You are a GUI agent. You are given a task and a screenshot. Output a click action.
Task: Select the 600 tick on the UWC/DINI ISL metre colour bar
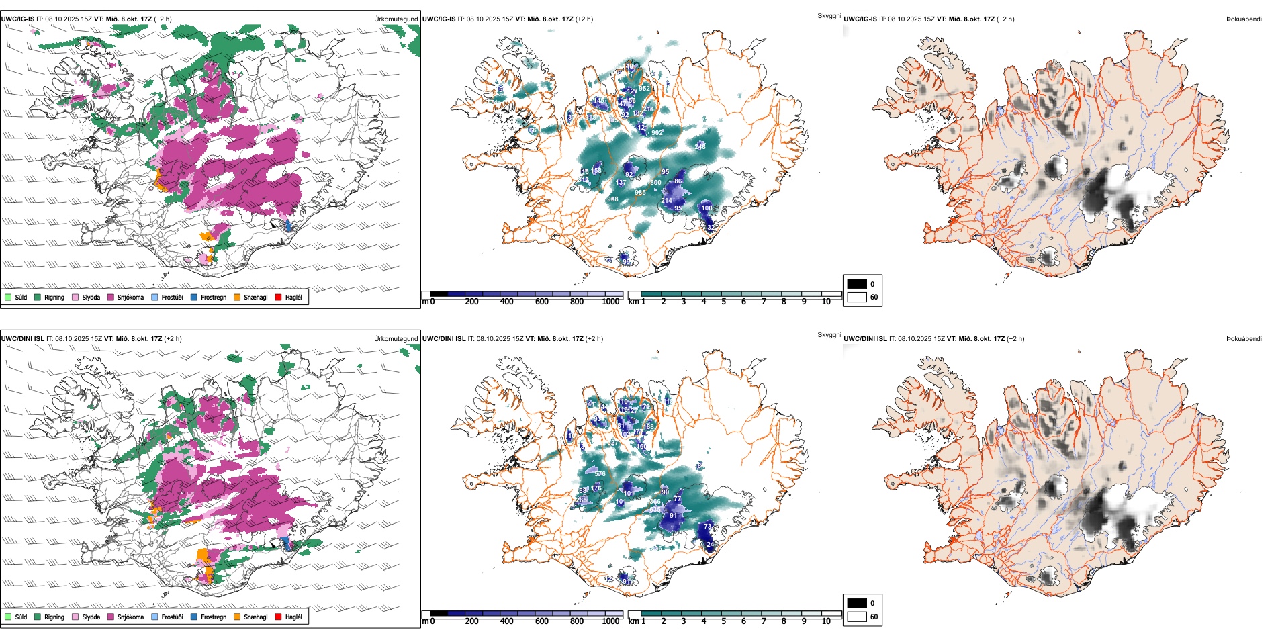click(x=542, y=621)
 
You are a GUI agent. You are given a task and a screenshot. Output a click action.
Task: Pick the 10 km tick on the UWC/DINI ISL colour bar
click(x=826, y=621)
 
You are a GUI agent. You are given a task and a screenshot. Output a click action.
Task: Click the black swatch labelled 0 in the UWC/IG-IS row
click(x=857, y=284)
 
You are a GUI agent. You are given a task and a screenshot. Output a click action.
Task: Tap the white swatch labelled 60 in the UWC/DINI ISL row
click(x=857, y=617)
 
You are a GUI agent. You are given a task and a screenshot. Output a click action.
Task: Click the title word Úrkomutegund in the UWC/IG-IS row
click(x=396, y=19)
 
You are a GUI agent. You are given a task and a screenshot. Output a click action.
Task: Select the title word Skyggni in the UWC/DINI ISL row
click(x=829, y=335)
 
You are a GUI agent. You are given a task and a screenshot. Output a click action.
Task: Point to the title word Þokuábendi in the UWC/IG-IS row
click(x=1244, y=19)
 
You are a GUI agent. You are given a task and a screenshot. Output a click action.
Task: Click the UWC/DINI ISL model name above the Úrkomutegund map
click(x=22, y=339)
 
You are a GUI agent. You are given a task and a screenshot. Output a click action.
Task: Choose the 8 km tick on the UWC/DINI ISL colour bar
click(x=784, y=621)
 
